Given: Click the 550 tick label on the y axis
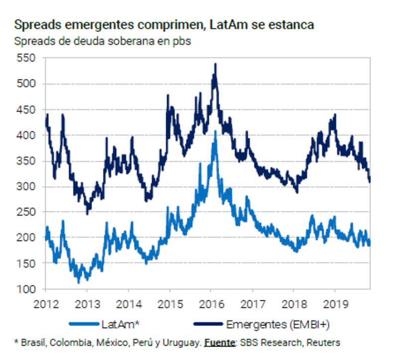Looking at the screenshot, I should tap(26, 58).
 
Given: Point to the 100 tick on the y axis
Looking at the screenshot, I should tap(26, 289).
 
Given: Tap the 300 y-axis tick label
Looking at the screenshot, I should tap(26, 186).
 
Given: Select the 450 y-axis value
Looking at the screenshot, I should tap(26, 109).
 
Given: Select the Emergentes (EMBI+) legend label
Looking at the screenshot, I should tap(278, 325).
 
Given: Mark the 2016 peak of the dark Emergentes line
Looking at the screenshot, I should tap(215, 64).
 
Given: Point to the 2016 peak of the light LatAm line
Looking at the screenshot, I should tap(215, 131).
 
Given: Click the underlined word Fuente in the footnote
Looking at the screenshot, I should tap(219, 343).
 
